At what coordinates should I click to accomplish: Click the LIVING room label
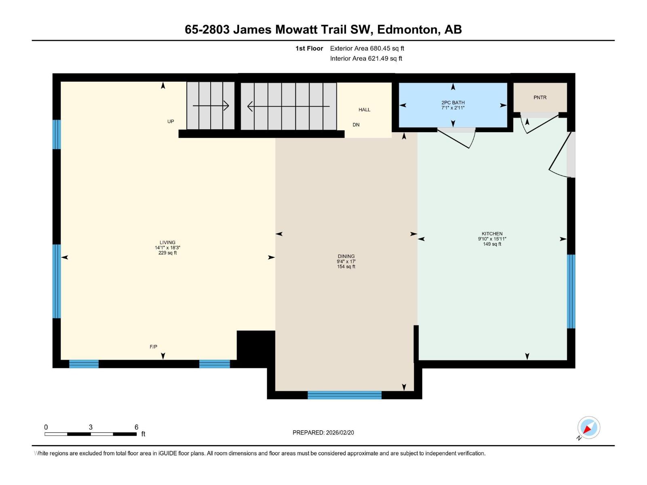click(x=167, y=242)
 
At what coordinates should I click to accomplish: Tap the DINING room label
click(x=346, y=256)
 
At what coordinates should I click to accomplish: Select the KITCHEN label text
click(x=492, y=234)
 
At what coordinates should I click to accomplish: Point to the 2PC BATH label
click(x=453, y=103)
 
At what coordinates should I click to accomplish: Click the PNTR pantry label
click(x=540, y=97)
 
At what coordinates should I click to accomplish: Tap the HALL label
click(x=364, y=110)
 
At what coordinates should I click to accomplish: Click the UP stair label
click(x=171, y=121)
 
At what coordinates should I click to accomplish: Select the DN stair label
click(x=356, y=125)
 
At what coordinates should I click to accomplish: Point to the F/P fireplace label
click(x=153, y=347)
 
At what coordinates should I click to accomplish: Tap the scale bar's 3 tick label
click(x=91, y=427)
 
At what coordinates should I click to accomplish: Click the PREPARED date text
click(x=323, y=432)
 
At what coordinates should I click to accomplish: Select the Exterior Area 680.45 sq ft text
click(x=367, y=48)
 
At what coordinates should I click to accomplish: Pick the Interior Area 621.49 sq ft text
click(x=366, y=58)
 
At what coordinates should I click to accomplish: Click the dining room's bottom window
click(x=345, y=395)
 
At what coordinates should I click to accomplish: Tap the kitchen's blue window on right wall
click(x=571, y=291)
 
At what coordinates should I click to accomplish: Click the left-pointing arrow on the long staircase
click(x=288, y=106)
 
